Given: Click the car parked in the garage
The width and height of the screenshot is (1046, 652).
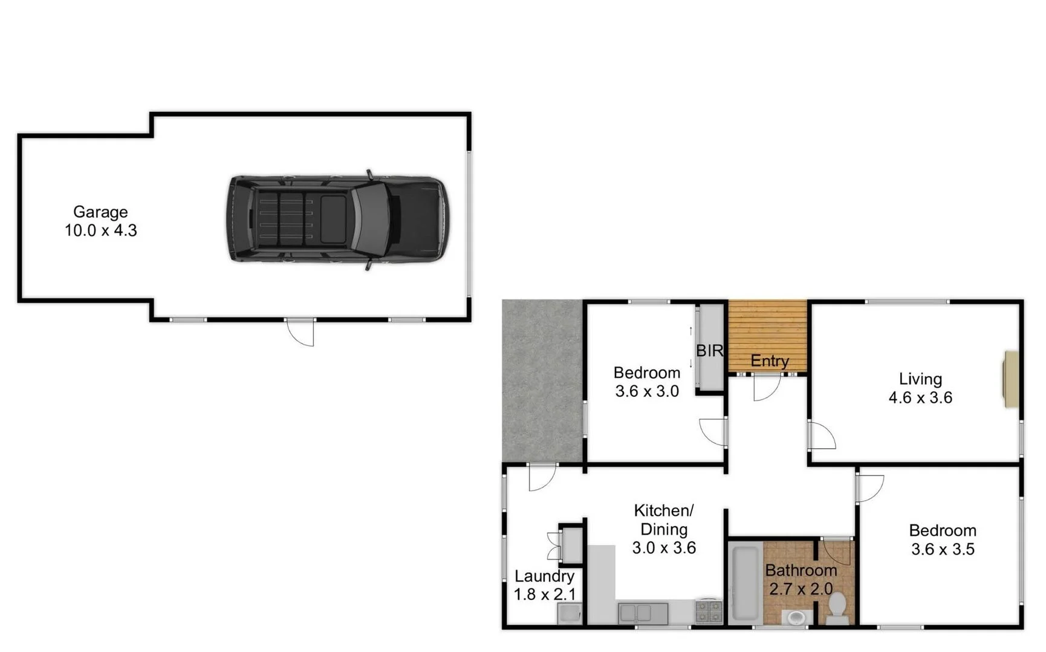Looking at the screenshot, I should (339, 218).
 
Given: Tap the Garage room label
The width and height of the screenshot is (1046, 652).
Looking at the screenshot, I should (100, 212).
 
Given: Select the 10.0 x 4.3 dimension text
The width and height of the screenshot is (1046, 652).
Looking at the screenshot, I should (101, 230).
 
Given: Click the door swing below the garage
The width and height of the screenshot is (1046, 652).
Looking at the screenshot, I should (302, 332).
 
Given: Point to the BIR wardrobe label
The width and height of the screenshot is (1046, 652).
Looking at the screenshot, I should (709, 350).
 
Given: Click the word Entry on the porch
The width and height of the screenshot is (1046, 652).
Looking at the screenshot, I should (770, 361).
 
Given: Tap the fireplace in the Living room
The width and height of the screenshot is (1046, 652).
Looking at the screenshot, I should (1011, 379).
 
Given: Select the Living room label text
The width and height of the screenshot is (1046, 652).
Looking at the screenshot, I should (920, 379).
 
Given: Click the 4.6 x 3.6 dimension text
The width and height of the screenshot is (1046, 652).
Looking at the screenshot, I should (920, 398).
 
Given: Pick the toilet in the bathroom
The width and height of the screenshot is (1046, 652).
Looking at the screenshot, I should (837, 607).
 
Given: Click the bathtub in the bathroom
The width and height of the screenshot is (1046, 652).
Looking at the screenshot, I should (744, 584).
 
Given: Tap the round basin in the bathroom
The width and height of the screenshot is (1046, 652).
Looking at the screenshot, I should (796, 618).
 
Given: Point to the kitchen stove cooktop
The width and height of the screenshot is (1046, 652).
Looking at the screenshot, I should (709, 611).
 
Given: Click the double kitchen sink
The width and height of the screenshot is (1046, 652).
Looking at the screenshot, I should (643, 613).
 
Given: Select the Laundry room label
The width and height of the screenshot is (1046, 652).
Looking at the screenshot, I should (544, 576).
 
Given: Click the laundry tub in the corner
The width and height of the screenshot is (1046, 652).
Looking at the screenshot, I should (569, 615).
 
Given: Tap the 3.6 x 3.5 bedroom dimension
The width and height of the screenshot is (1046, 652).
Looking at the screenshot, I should (943, 549).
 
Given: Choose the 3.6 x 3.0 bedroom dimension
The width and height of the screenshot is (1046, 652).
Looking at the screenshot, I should (647, 391).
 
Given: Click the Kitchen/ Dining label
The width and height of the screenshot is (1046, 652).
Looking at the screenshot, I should (664, 520).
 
